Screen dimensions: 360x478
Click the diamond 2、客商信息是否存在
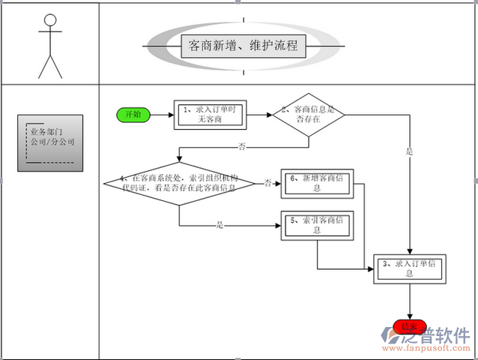click(307, 115)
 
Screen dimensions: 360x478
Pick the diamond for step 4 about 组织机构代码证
click(180, 182)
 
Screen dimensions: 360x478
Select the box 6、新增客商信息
click(317, 183)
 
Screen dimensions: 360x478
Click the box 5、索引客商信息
click(317, 225)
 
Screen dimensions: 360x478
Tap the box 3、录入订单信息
click(409, 268)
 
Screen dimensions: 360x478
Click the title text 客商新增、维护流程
click(243, 46)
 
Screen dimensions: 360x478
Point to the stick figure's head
click(50, 22)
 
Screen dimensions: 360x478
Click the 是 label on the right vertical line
click(409, 151)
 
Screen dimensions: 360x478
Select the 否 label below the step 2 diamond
click(242, 145)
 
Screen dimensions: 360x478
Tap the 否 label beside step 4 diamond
click(267, 183)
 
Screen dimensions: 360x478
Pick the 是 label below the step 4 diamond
click(220, 223)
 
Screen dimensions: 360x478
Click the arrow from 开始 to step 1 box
click(161, 115)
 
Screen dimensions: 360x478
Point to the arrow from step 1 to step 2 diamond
click(258, 115)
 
